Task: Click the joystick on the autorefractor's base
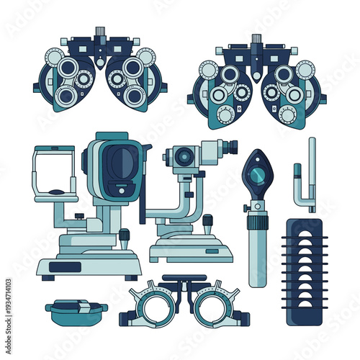point(124,236)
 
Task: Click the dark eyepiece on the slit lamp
point(229,148)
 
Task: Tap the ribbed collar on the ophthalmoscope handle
point(257,209)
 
